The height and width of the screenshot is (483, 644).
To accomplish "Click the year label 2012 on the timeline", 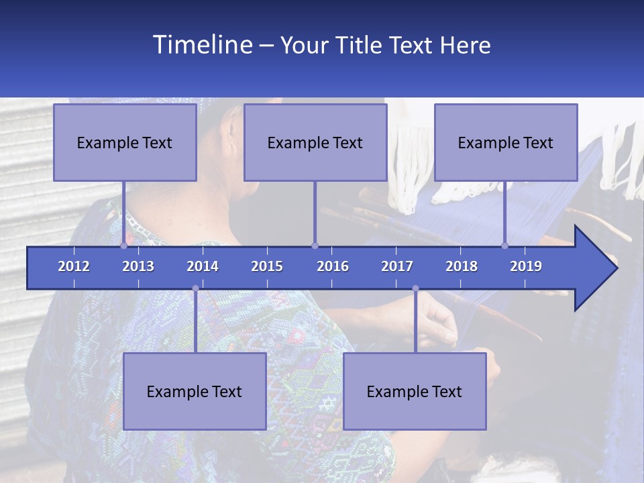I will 74,266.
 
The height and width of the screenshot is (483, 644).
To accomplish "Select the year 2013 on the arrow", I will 138,266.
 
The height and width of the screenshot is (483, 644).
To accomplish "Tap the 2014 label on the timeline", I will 203,266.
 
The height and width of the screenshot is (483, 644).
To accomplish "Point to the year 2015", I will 267,266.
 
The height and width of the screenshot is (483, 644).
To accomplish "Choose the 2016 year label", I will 333,266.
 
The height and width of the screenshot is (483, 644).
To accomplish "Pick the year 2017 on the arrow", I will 397,266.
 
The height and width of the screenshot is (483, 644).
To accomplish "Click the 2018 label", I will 462,266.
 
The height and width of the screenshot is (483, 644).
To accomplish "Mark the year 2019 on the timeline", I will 526,266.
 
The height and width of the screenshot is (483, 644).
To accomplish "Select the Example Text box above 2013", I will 125,142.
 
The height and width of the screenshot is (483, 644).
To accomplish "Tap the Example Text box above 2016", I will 315,142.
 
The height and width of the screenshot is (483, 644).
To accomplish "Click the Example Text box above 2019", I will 506,142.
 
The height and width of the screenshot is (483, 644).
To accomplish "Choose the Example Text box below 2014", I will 195,391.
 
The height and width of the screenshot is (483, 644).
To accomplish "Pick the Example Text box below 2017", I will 415,391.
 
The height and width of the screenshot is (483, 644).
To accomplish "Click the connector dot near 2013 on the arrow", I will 123,246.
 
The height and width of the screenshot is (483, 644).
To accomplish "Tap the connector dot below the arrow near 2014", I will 195,288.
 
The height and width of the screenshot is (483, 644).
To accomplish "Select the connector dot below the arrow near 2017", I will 415,288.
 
